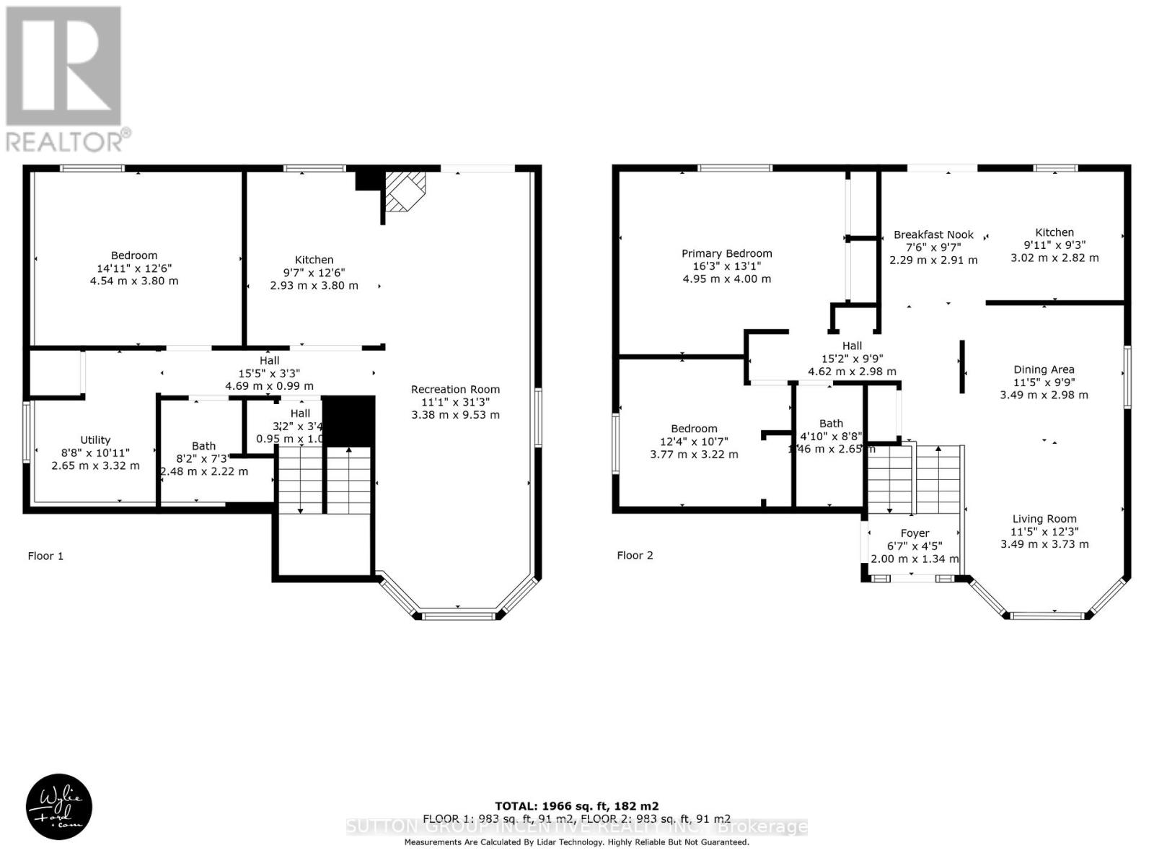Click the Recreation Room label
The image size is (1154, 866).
click(455, 390)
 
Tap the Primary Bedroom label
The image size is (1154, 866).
click(726, 253)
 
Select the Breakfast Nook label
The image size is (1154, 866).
click(933, 235)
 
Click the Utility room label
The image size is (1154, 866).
click(95, 439)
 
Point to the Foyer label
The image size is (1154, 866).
click(915, 533)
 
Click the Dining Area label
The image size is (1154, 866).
click(1044, 369)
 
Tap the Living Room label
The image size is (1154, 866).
click(1044, 519)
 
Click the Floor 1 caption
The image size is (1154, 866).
click(45, 556)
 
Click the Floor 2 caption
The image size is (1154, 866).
click(635, 555)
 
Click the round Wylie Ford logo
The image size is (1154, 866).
click(59, 807)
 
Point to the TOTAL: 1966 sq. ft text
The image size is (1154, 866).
click(576, 806)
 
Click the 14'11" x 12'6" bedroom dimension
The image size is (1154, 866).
click(133, 268)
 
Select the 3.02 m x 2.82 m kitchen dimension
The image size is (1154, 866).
click(1054, 258)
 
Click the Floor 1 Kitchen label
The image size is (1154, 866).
click(314, 260)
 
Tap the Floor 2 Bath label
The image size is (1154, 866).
click(831, 424)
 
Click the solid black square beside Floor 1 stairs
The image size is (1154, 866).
click(348, 421)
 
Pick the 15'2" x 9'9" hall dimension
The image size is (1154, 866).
click(852, 359)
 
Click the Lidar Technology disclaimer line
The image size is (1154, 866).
click(576, 842)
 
